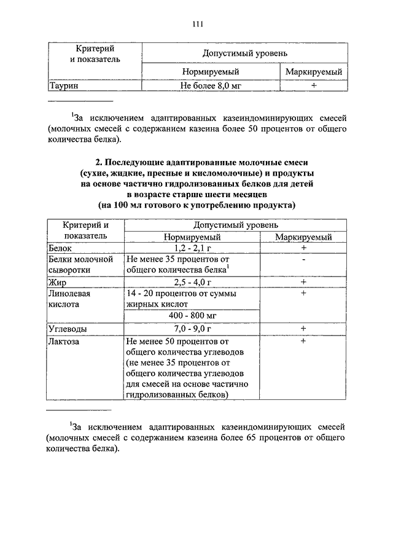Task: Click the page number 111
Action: pyautogui.click(x=196, y=24)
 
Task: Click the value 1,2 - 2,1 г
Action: pyautogui.click(x=192, y=248)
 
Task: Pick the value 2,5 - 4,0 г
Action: pyautogui.click(x=192, y=282)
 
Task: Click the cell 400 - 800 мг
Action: pyautogui.click(x=192, y=316)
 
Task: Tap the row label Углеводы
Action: pyautogui.click(x=67, y=329)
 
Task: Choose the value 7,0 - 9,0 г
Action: pyautogui.click(x=192, y=329)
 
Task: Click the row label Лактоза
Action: pyautogui.click(x=64, y=340)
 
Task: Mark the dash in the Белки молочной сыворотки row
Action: pyautogui.click(x=303, y=259)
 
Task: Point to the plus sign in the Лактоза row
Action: pyautogui.click(x=303, y=340)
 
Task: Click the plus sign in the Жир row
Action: pyautogui.click(x=303, y=282)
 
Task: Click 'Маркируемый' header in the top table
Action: pyautogui.click(x=313, y=72)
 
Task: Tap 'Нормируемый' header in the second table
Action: pyautogui.click(x=192, y=237)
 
